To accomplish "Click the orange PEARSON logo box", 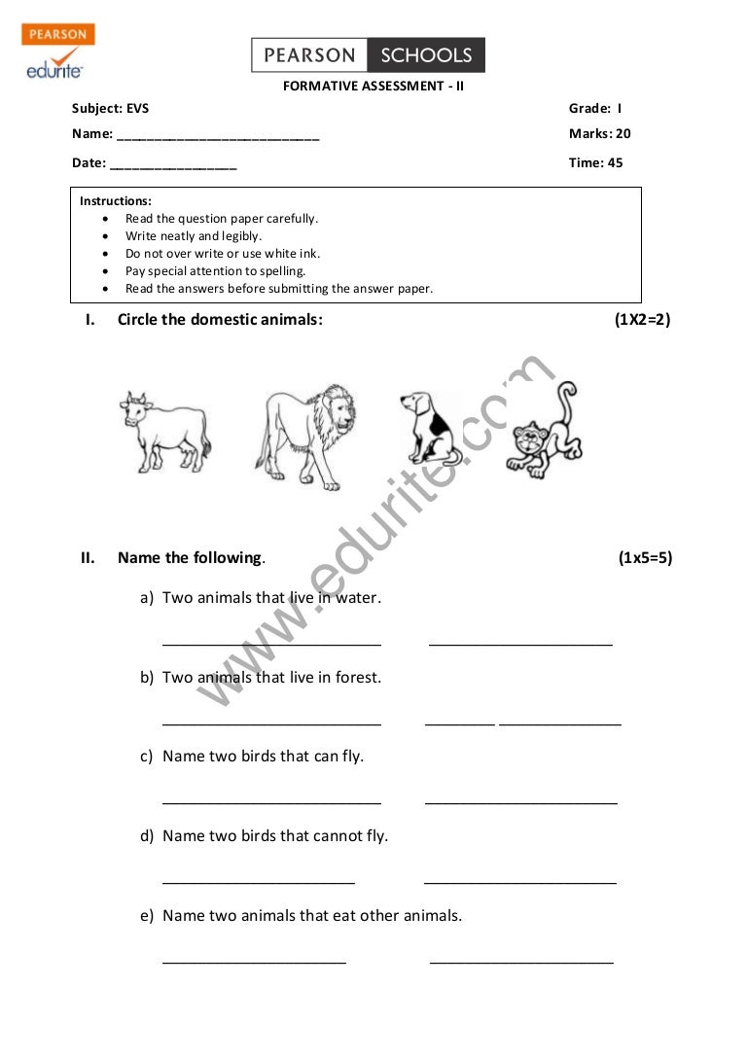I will pyautogui.click(x=57, y=35).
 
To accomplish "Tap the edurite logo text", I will pyautogui.click(x=54, y=70).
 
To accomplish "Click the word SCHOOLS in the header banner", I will pyautogui.click(x=426, y=55).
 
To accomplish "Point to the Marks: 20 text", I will pyautogui.click(x=599, y=134).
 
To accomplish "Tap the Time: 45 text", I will pyautogui.click(x=595, y=163).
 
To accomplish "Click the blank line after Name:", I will pyautogui.click(x=217, y=137).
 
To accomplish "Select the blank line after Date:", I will pyautogui.click(x=173, y=166).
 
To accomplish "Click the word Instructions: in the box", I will pyautogui.click(x=116, y=201).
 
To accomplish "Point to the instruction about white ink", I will pyautogui.click(x=223, y=254).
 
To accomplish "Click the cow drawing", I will pyautogui.click(x=164, y=431).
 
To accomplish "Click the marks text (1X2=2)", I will pyautogui.click(x=642, y=319).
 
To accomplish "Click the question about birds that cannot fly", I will pyautogui.click(x=274, y=836).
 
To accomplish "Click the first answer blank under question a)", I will pyautogui.click(x=271, y=643).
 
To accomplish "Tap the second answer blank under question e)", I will pyautogui.click(x=521, y=961).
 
